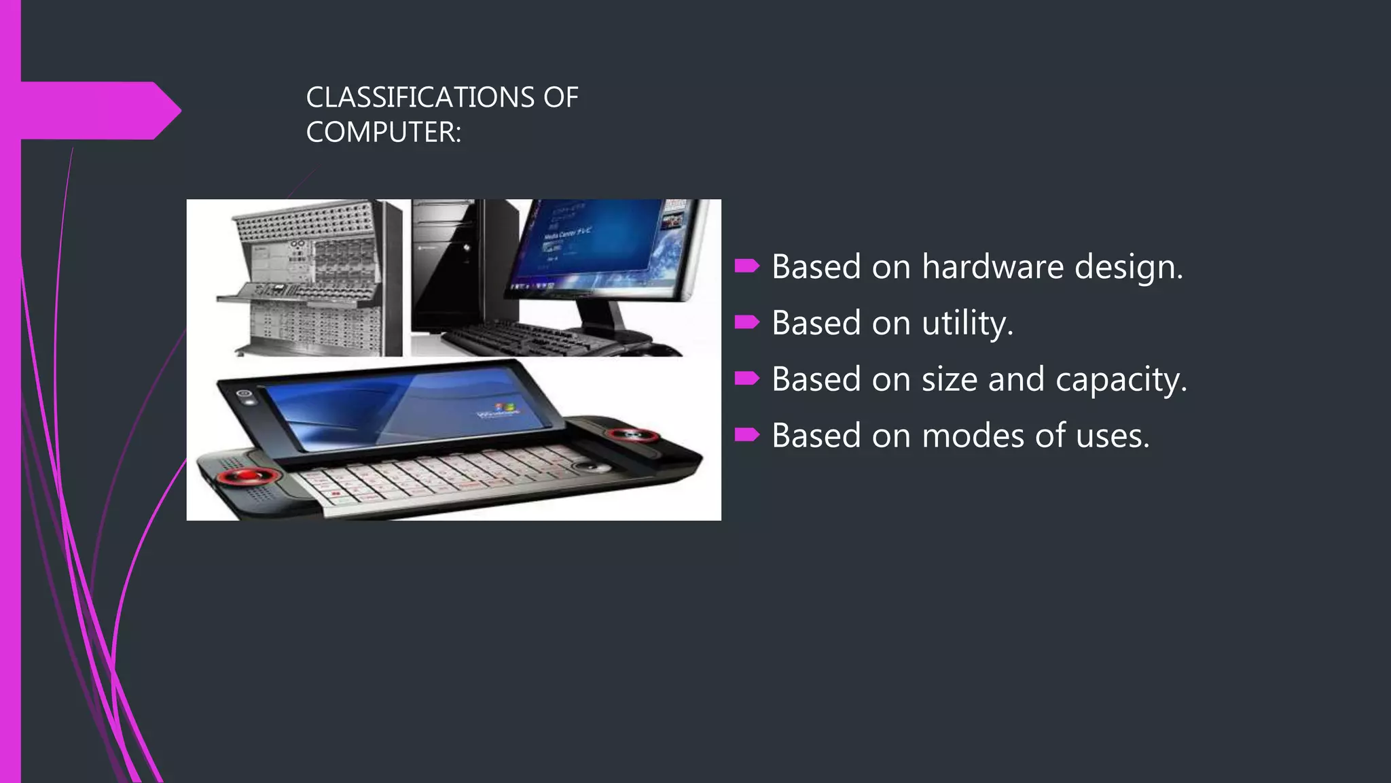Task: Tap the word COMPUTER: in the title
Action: [383, 132]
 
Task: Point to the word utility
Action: [967, 324]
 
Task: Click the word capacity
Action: [1120, 381]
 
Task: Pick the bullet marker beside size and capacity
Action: [746, 379]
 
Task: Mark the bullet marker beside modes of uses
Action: [746, 435]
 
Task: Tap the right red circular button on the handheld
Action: [632, 435]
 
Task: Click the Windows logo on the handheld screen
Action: [504, 409]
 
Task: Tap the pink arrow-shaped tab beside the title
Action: [95, 111]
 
